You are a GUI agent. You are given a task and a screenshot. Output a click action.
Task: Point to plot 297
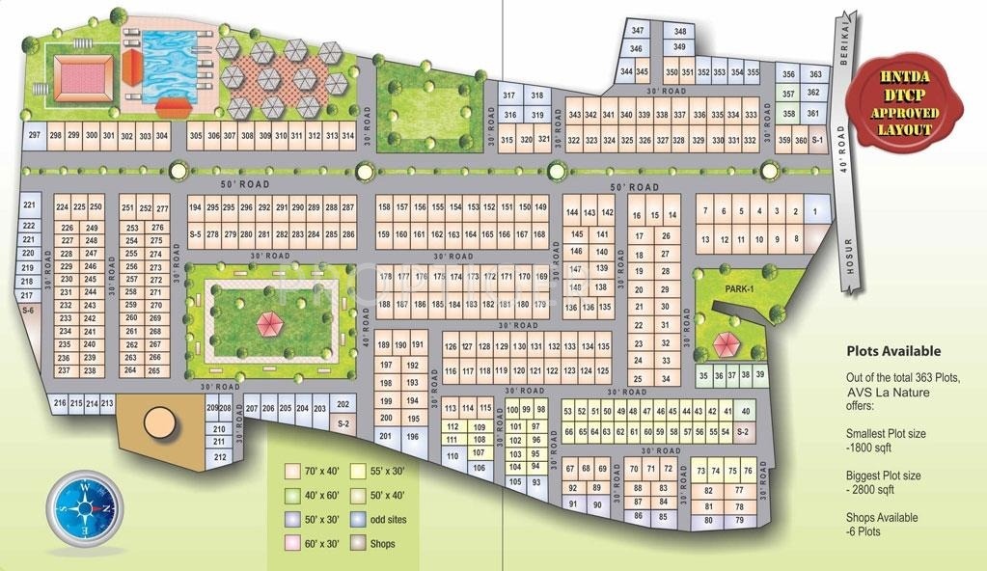[34, 136]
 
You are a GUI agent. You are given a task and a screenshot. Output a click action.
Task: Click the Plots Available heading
[892, 352]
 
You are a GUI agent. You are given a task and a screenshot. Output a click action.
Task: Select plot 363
[814, 74]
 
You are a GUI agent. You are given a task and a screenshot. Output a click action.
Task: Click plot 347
[637, 32]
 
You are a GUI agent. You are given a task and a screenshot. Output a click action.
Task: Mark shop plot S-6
[27, 311]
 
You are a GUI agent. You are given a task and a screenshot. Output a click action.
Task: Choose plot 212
[220, 456]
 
